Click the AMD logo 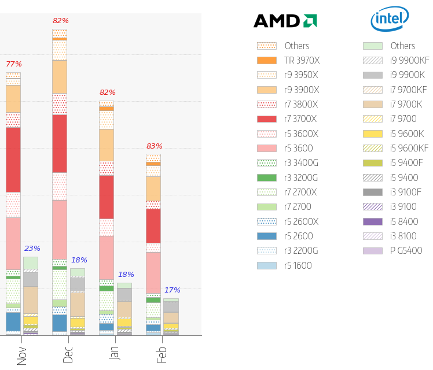click(285, 21)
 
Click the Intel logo click(390, 20)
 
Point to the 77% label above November click(13, 64)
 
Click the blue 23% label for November click(32, 249)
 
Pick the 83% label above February click(154, 146)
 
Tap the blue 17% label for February click(172, 290)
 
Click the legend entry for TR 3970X click(288, 60)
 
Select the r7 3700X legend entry click(288, 119)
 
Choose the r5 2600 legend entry click(288, 236)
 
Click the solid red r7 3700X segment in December click(60, 143)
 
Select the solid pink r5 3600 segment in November click(13, 243)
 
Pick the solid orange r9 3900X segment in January click(107, 145)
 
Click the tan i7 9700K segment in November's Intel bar click(31, 299)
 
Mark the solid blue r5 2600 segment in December click(60, 323)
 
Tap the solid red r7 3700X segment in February click(153, 225)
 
